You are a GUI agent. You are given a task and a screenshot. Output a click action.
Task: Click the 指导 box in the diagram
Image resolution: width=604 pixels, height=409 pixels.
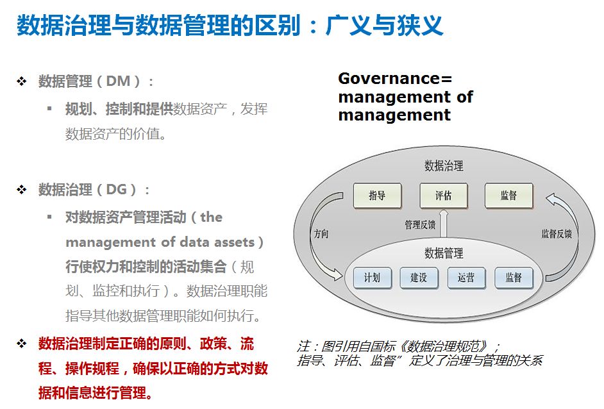377,196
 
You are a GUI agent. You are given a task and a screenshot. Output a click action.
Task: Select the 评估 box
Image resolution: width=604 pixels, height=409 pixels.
443,196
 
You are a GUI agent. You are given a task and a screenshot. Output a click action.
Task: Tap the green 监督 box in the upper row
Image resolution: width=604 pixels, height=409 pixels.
508,196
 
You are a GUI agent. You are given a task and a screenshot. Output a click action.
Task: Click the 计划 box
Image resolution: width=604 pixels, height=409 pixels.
372,278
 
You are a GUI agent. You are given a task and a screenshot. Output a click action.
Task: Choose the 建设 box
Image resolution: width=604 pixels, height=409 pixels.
419,278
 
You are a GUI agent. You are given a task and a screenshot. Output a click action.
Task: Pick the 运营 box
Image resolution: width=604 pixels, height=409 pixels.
466,278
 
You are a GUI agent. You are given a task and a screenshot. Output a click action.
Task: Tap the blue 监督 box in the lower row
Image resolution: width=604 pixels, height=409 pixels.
514,278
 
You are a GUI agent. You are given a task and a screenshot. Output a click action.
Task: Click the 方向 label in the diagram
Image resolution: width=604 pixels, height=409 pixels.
321,234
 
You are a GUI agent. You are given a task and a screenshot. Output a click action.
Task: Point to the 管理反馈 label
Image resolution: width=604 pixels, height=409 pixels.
420,225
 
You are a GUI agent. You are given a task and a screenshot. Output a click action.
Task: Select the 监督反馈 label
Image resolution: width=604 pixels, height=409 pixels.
556,234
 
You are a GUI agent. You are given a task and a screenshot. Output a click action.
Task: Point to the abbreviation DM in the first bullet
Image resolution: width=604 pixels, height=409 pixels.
118,81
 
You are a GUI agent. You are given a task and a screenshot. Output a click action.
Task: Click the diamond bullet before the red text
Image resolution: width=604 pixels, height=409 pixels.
22,344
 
